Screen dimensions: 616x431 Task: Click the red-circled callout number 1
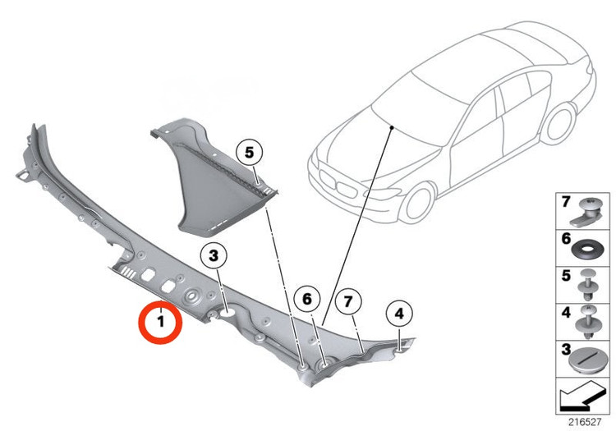pyautogui.click(x=160, y=322)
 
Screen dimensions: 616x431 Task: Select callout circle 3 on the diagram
pyautogui.click(x=214, y=256)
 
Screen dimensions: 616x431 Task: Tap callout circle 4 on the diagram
pyautogui.click(x=399, y=314)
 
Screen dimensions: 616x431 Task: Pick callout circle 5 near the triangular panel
pyautogui.click(x=250, y=153)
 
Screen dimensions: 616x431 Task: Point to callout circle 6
pyautogui.click(x=307, y=299)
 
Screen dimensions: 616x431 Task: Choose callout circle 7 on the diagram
pyautogui.click(x=348, y=302)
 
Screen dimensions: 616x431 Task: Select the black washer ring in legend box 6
pyautogui.click(x=587, y=250)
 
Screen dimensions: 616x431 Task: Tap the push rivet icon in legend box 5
pyautogui.click(x=588, y=285)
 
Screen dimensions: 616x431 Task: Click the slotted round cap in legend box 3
pyautogui.click(x=586, y=361)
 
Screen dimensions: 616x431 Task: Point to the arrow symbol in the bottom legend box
pyautogui.click(x=582, y=397)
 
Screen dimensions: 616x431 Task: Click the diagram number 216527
pyautogui.click(x=585, y=422)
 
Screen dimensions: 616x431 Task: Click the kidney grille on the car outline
pyautogui.click(x=338, y=184)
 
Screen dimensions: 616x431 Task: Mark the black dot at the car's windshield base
pyautogui.click(x=392, y=127)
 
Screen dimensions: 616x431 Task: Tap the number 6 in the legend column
pyautogui.click(x=566, y=238)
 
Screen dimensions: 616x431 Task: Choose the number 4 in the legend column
pyautogui.click(x=566, y=312)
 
